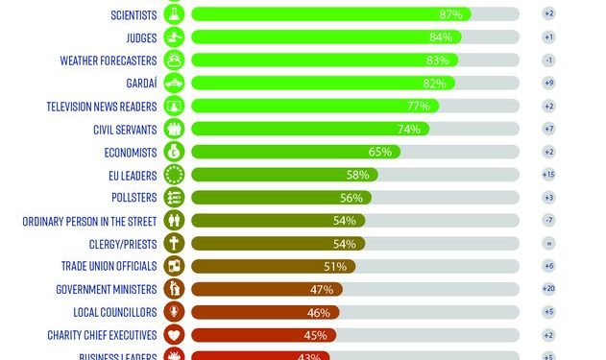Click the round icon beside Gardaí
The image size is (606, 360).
tap(175, 83)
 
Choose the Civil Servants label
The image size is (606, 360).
tap(126, 129)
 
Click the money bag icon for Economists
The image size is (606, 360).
tap(175, 152)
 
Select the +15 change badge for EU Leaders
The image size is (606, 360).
tap(548, 175)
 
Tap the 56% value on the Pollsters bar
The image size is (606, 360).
tap(351, 198)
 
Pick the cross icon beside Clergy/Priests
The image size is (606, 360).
tap(175, 243)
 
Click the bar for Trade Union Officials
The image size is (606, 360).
tap(274, 266)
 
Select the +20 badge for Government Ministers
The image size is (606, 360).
tap(548, 289)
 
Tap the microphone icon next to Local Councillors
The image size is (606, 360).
tap(175, 312)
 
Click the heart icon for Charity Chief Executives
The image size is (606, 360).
tap(175, 335)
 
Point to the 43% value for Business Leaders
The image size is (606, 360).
tap(311, 356)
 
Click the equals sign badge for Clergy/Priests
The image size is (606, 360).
tap(548, 243)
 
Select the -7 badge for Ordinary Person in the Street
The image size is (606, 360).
tap(548, 221)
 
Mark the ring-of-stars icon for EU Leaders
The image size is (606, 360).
tap(175, 175)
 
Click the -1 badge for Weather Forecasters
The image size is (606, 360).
tap(548, 60)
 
